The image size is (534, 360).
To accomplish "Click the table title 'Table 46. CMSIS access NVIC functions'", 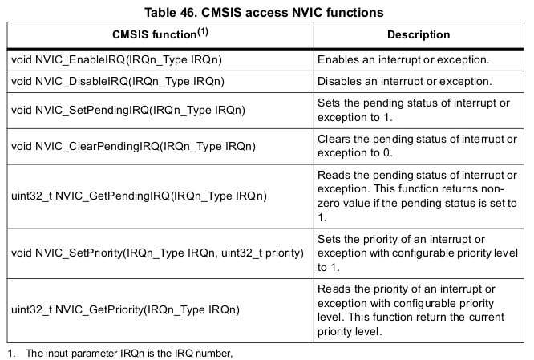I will click(266, 11).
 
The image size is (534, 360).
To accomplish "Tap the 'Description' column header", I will click(419, 36).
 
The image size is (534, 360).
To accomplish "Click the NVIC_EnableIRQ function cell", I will click(117, 60).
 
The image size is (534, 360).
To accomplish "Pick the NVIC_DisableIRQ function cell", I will click(118, 82).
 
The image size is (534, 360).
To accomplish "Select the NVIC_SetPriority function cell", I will click(157, 253).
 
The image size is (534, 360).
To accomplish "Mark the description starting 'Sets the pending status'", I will click(417, 109).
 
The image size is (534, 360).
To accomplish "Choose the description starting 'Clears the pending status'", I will click(417, 146).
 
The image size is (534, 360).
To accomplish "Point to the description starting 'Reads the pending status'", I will click(417, 195).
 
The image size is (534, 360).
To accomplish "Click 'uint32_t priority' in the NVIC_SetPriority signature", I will click(266, 253).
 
